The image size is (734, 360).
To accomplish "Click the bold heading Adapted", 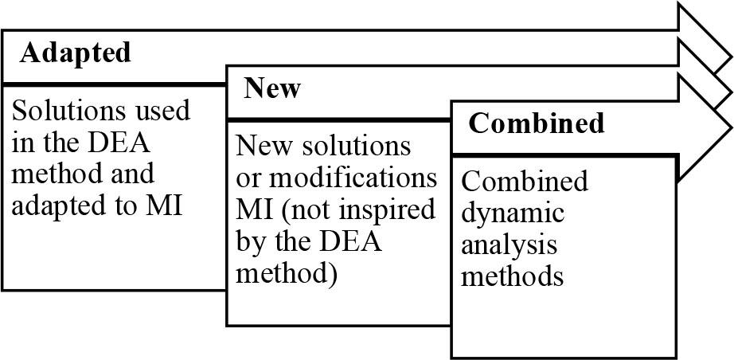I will coord(75,53).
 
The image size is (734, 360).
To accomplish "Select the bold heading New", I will coord(272,88).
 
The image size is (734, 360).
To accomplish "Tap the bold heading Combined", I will coord(537,124).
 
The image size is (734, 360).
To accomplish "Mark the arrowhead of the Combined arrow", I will coord(704,127).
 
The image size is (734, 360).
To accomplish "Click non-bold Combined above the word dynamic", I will coord(525,182).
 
